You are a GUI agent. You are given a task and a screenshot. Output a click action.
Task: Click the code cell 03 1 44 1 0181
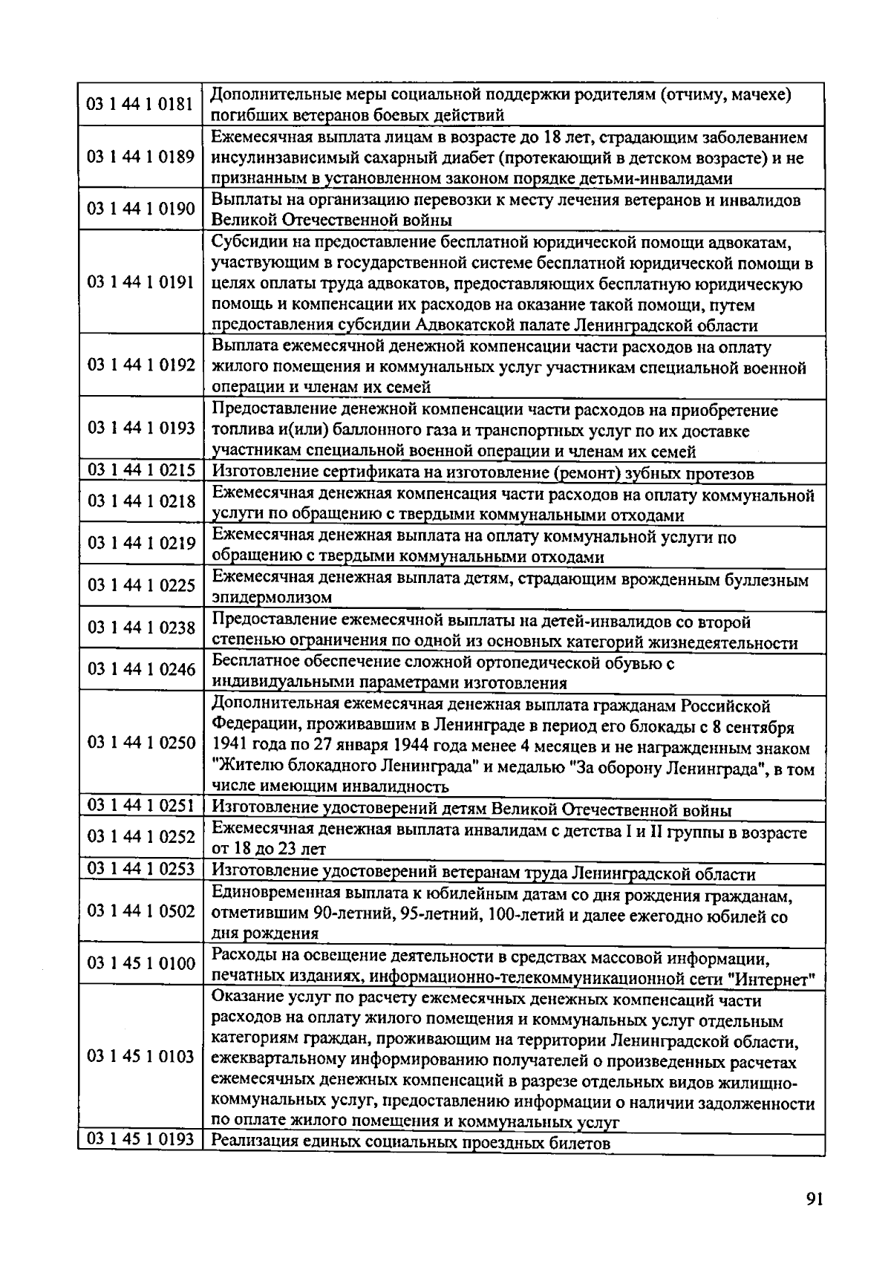[140, 104]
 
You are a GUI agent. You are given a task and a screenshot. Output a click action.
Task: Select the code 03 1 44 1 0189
[140, 157]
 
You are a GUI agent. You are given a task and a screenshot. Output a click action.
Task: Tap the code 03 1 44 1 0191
[140, 282]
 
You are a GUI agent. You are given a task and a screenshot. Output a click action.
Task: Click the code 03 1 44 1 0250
[140, 743]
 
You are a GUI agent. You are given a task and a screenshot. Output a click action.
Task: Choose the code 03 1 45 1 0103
[140, 1057]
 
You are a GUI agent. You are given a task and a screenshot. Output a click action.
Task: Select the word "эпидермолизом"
[272, 598]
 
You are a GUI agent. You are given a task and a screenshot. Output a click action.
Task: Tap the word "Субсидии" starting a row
[247, 243]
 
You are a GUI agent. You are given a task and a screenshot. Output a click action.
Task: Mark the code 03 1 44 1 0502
[140, 911]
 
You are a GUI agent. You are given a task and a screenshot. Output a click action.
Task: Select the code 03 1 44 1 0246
[140, 670]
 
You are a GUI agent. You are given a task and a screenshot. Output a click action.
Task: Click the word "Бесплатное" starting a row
[255, 662]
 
